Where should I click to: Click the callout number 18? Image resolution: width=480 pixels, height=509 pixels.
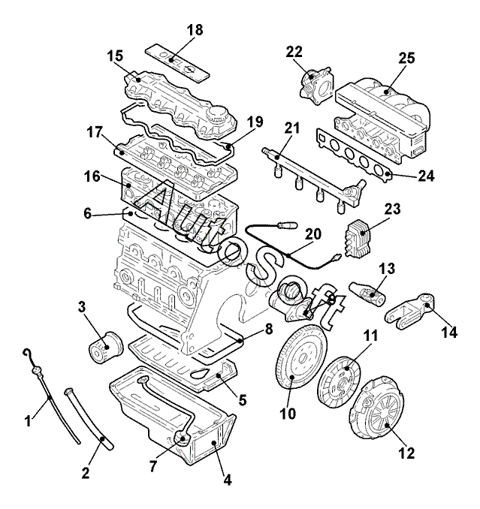pyautogui.click(x=195, y=30)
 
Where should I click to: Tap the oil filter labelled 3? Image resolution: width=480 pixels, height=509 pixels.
pyautogui.click(x=106, y=348)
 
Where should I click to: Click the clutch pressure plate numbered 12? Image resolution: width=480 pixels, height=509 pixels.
pyautogui.click(x=377, y=408)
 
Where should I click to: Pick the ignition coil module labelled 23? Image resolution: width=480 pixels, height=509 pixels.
pyautogui.click(x=358, y=237)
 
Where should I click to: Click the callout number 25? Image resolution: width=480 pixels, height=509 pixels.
pyautogui.click(x=406, y=58)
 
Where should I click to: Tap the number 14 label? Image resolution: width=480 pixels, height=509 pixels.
pyautogui.click(x=449, y=333)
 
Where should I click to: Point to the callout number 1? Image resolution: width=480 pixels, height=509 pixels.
pyautogui.click(x=29, y=421)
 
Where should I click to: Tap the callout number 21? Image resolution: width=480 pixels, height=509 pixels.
pyautogui.click(x=292, y=128)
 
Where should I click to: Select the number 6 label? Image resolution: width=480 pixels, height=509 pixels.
pyautogui.click(x=88, y=214)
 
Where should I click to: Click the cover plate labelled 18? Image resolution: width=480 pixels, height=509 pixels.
pyautogui.click(x=177, y=62)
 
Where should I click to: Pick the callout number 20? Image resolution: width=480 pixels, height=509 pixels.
pyautogui.click(x=313, y=233)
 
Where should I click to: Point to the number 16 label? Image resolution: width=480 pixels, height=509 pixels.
pyautogui.click(x=92, y=176)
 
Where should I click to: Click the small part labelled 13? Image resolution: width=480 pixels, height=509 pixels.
pyautogui.click(x=367, y=293)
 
